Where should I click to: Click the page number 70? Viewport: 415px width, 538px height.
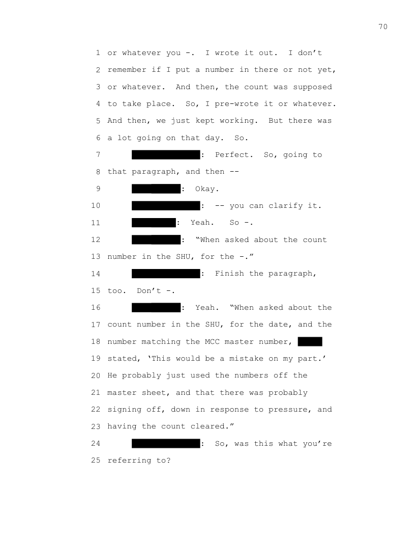[383, 27]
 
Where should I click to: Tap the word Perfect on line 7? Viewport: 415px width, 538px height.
[234, 155]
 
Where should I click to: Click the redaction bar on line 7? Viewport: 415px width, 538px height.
[166, 155]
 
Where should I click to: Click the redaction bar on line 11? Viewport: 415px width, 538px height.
[154, 223]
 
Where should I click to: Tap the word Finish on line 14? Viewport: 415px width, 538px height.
[229, 274]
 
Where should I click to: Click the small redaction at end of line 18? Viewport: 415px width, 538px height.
[310, 341]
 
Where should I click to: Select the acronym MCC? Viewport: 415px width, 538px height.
[212, 342]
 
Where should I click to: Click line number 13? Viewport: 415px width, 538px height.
[96, 257]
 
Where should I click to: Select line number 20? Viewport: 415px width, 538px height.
[96, 375]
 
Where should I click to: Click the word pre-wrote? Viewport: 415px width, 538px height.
[236, 104]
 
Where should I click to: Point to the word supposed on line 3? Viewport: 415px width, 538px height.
[312, 87]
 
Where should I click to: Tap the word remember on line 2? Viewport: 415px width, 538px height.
[127, 70]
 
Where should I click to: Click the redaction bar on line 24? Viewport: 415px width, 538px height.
[166, 443]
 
